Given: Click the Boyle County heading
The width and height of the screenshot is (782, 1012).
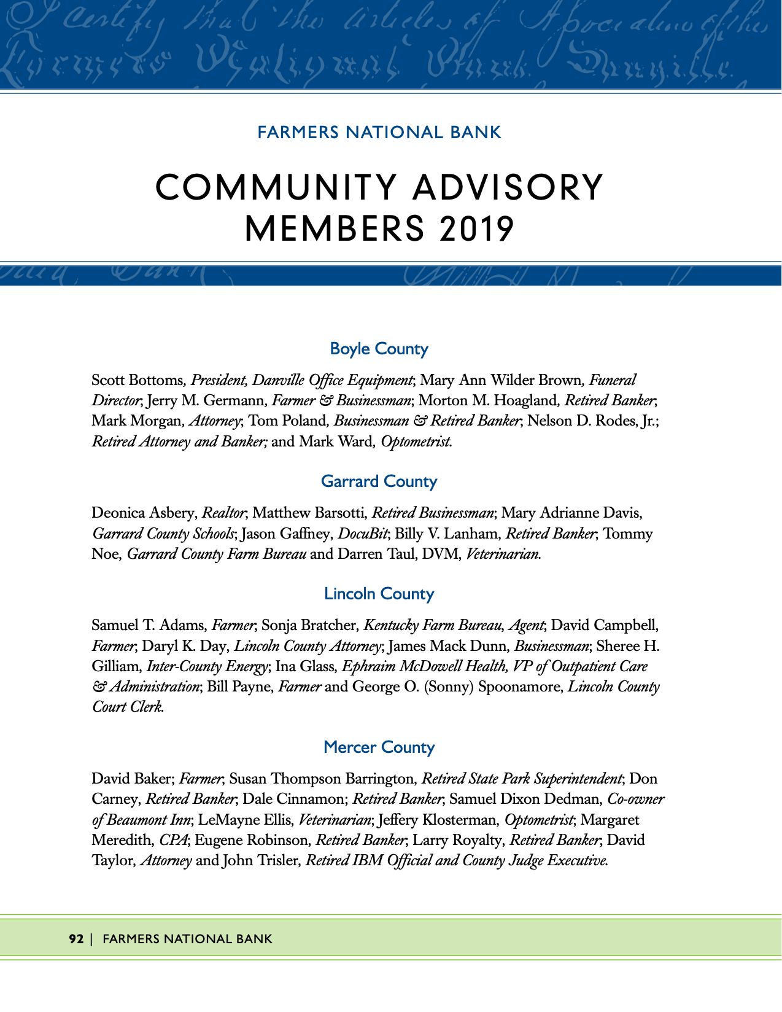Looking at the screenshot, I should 379,349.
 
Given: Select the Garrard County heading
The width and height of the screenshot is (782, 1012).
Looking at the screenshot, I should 379,481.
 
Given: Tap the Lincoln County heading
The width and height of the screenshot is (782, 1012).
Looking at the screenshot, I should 379,594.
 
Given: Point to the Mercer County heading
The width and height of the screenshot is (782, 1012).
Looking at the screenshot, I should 379,747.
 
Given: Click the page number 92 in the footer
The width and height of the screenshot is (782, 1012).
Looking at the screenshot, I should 76,939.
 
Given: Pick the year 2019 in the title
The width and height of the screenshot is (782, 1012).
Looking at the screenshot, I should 476,229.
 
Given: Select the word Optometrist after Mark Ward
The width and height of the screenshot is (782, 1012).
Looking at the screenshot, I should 416,442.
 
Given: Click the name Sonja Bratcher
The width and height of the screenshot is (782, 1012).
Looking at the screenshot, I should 309,626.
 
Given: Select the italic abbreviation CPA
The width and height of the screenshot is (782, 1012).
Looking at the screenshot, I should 174,840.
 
